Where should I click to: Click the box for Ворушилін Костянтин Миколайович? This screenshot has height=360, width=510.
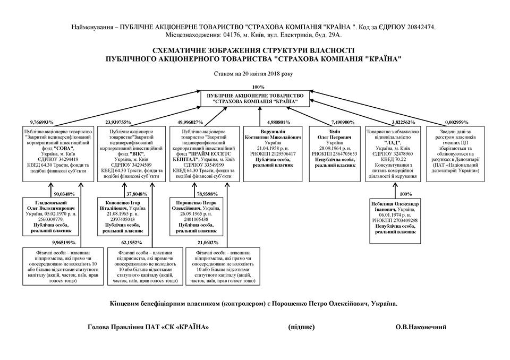coord(274,154)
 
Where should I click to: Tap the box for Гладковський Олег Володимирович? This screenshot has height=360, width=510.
coord(52,217)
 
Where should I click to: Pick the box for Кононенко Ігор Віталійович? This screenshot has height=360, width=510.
coord(126,217)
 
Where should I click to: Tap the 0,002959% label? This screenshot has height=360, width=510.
coord(456,122)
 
